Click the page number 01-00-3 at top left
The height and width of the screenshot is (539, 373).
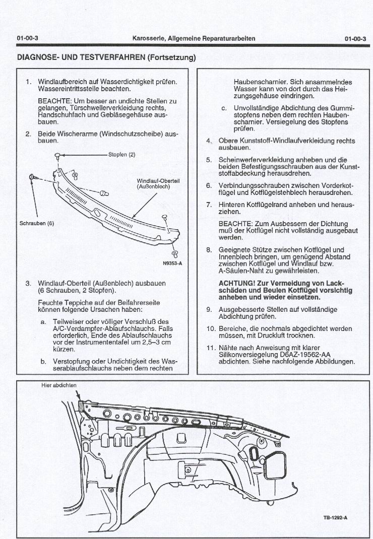28,38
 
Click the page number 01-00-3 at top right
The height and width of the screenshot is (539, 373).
355,38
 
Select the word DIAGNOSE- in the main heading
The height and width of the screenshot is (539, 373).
38,57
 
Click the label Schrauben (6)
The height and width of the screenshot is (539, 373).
36,224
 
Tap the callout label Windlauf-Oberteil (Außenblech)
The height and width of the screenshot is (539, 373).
158,184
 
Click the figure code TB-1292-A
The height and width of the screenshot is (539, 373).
335,518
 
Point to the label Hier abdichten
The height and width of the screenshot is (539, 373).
58,385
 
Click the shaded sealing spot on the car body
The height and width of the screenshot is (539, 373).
82,405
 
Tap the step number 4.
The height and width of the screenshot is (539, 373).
209,141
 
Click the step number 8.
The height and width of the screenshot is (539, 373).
209,250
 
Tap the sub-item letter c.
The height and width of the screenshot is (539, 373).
224,108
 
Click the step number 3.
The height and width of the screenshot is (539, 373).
28,283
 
